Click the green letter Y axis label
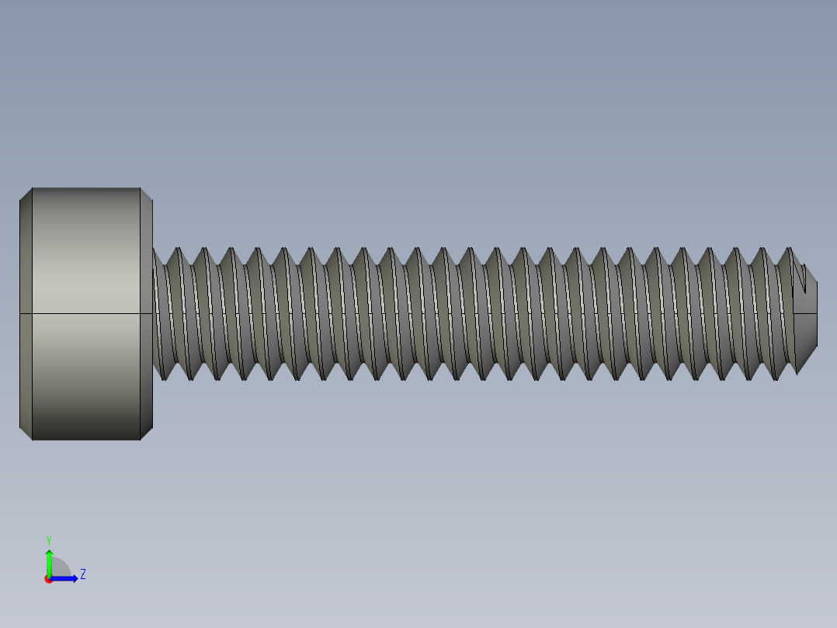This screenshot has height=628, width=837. (x=48, y=540)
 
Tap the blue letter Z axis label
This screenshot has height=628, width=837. (x=82, y=574)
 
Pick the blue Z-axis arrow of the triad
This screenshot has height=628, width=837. (x=65, y=578)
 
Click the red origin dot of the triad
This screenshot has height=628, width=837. (x=48, y=579)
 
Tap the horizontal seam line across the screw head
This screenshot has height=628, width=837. (x=85, y=313)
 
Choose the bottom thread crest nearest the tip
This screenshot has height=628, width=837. (x=797, y=372)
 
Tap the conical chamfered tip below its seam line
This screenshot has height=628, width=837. (x=807, y=330)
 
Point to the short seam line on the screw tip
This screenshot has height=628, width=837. (x=807, y=313)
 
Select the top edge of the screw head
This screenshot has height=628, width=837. (x=85, y=187)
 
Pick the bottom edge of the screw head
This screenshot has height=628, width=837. (x=85, y=440)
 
